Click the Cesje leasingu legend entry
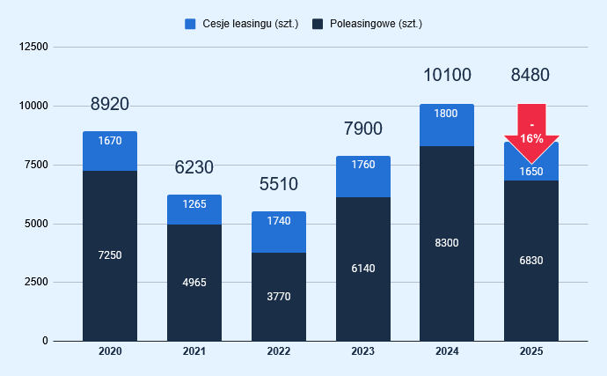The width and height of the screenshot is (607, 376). (241, 24)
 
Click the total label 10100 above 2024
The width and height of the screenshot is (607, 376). (447, 75)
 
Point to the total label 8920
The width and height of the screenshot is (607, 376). (110, 104)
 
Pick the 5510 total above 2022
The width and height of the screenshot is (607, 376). (278, 184)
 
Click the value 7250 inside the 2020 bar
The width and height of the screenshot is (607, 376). (110, 255)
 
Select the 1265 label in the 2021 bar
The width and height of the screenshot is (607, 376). (194, 205)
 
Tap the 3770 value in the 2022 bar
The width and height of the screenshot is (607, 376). (278, 296)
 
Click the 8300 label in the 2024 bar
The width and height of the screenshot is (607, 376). (447, 242)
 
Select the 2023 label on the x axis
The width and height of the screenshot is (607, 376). (362, 352)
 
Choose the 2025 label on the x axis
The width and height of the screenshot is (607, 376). (531, 352)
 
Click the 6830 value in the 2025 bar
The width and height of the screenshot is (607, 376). (531, 261)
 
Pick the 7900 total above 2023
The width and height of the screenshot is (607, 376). (362, 129)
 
